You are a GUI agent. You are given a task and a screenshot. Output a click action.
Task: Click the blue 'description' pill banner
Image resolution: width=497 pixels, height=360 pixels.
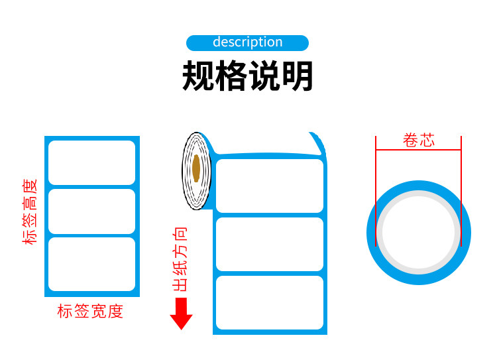pyautogui.click(x=247, y=43)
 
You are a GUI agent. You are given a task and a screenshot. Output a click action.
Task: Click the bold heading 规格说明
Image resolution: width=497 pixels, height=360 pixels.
pyautogui.click(x=247, y=78)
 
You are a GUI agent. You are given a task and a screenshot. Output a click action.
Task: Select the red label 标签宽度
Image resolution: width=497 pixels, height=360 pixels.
pyautogui.click(x=91, y=311)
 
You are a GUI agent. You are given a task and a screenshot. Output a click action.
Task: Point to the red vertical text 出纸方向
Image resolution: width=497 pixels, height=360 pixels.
pyautogui.click(x=180, y=259)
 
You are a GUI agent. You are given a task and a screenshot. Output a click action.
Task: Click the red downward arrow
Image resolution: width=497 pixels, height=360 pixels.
pyautogui.click(x=181, y=314)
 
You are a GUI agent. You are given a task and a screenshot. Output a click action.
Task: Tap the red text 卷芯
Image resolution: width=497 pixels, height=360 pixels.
pyautogui.click(x=418, y=141)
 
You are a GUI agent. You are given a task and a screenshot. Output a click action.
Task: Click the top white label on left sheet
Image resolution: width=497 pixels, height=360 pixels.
pyautogui.click(x=91, y=162)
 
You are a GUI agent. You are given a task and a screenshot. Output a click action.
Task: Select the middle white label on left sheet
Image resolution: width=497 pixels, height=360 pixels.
pyautogui.click(x=91, y=211)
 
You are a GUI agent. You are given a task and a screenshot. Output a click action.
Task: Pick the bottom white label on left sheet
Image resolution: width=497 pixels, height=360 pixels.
pyautogui.click(x=91, y=263)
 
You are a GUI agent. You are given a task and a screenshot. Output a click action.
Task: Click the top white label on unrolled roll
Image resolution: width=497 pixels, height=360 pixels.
pyautogui.click(x=269, y=186)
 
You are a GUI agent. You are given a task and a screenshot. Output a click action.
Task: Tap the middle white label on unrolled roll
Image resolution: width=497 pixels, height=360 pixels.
pyautogui.click(x=269, y=244)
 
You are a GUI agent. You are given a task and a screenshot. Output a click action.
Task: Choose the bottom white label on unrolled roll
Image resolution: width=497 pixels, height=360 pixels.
pyautogui.click(x=269, y=302)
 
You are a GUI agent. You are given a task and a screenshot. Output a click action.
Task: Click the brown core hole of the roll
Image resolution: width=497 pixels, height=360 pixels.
pyautogui.click(x=196, y=168)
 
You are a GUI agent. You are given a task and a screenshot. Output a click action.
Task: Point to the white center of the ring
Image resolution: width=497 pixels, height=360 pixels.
pyautogui.click(x=418, y=232)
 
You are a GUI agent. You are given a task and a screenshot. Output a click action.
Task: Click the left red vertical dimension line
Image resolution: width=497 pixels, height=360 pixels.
pyautogui.click(x=376, y=192)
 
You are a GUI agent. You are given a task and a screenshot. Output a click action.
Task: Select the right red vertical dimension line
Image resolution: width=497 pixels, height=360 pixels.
pyautogui.click(x=461, y=192)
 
